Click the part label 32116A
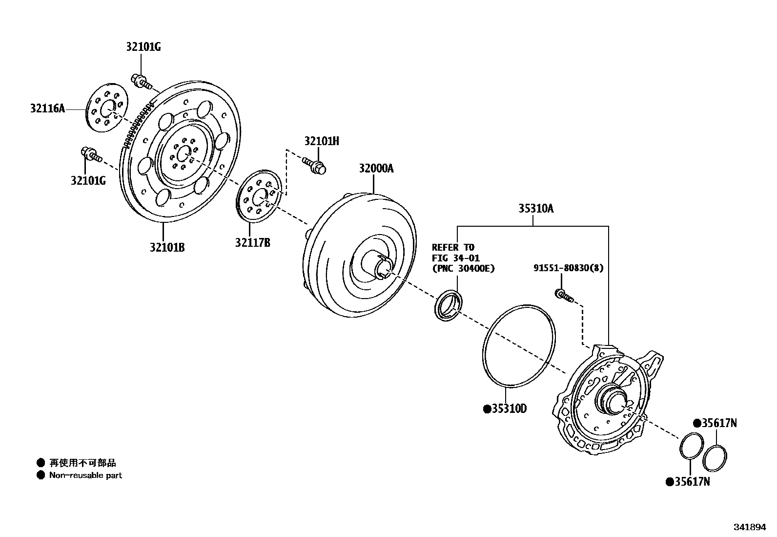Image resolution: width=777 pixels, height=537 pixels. [x=47, y=108]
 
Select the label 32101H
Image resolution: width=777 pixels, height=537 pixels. [x=321, y=141]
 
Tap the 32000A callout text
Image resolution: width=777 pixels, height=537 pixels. [x=376, y=169]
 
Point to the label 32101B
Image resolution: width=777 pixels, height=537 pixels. [x=167, y=247]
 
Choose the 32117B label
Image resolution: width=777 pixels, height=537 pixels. [x=252, y=242]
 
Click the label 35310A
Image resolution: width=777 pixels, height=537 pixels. [x=535, y=209]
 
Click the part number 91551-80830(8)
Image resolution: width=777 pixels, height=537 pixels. [x=568, y=268]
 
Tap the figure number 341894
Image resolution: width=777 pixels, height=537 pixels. [x=750, y=528]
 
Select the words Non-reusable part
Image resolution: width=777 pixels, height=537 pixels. [x=85, y=475]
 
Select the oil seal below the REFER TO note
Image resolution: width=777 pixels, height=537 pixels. [x=448, y=306]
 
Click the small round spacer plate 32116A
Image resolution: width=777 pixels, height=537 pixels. [x=106, y=107]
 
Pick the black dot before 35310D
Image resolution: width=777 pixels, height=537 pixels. [x=487, y=409]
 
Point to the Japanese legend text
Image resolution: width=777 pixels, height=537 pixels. [x=82, y=463]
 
